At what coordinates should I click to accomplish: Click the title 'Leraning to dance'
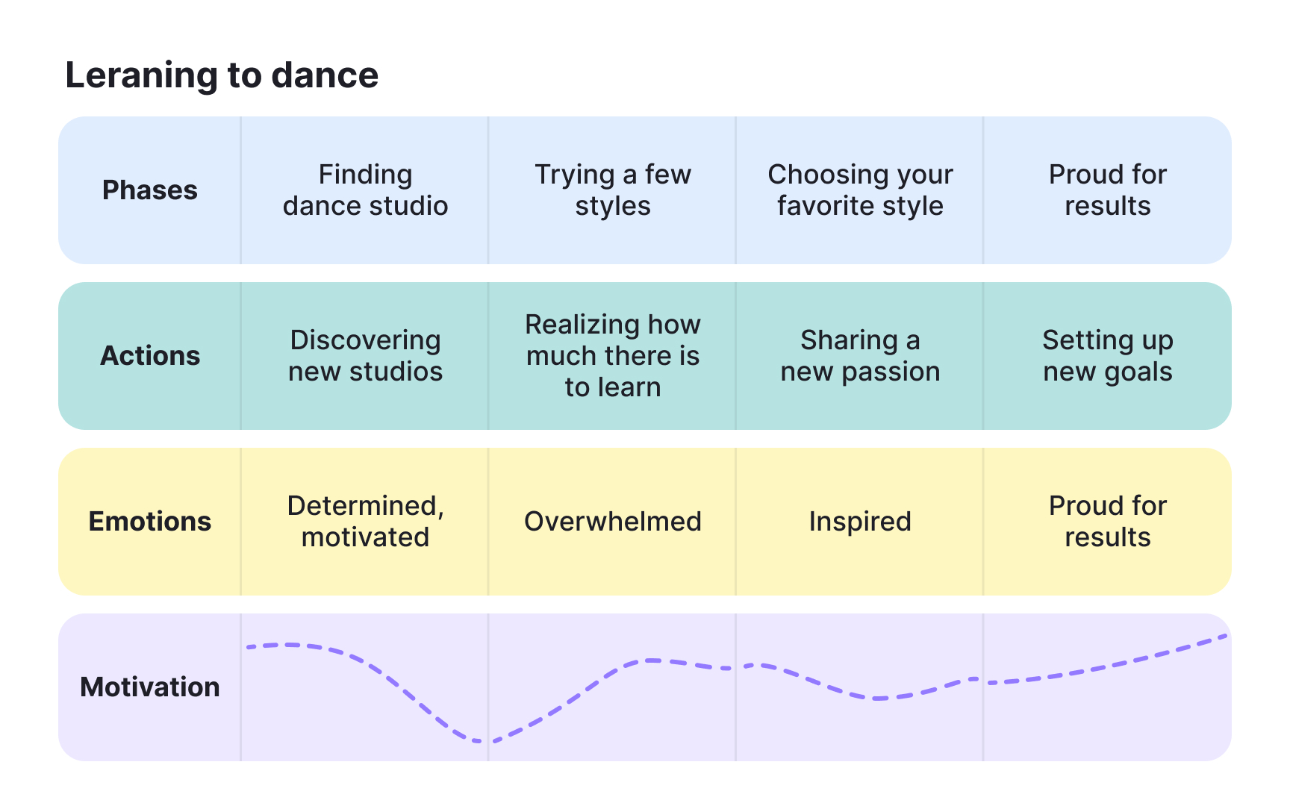tap(222, 75)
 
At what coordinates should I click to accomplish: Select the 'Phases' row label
tap(149, 190)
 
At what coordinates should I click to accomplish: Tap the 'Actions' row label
tap(149, 356)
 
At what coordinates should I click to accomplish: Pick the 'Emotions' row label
tap(149, 522)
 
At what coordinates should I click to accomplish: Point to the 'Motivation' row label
tap(149, 687)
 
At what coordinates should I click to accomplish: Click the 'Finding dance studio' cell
tap(365, 190)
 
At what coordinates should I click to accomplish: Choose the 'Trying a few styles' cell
tap(613, 190)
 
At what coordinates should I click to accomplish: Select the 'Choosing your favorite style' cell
tap(860, 190)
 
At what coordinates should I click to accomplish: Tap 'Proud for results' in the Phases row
tap(1107, 190)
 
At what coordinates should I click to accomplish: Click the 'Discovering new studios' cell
tap(365, 356)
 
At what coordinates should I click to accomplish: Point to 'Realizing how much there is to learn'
tap(613, 356)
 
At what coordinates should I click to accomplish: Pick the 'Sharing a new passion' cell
tap(860, 356)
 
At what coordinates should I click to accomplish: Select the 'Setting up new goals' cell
tap(1107, 356)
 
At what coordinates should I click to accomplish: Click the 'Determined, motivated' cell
tap(365, 522)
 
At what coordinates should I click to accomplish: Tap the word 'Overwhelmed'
tap(613, 522)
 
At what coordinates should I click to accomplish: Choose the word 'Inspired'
tap(860, 522)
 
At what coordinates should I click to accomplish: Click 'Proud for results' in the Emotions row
tap(1107, 522)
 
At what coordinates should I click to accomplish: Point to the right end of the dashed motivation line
tap(1224, 636)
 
